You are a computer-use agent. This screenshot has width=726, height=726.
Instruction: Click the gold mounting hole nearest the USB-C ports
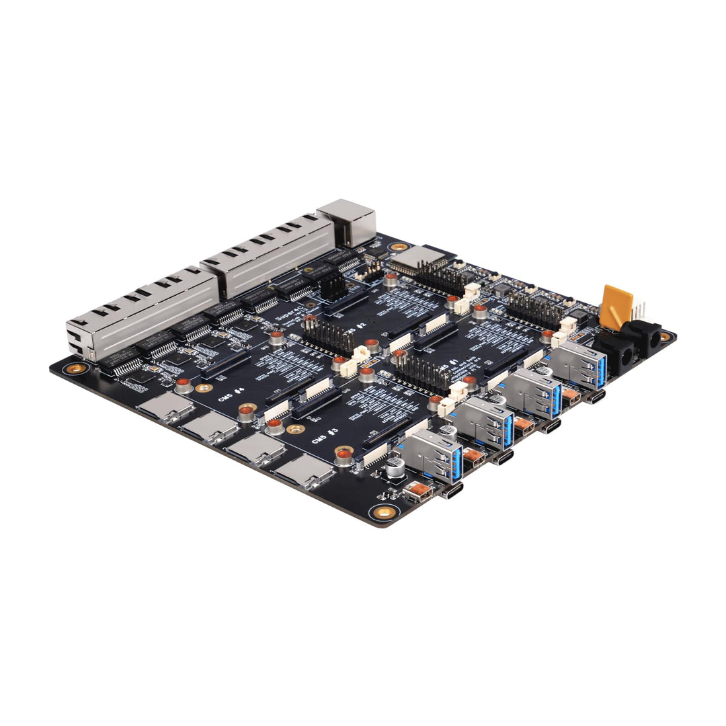[x=384, y=512]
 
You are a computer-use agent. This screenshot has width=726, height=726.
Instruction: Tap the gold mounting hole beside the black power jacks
[x=665, y=336]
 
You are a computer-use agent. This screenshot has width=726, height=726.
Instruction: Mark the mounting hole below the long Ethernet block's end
[x=77, y=368]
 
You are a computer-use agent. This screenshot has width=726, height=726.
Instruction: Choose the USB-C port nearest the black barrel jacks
[x=595, y=397]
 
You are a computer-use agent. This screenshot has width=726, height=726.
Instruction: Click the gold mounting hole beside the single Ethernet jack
[x=401, y=247]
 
